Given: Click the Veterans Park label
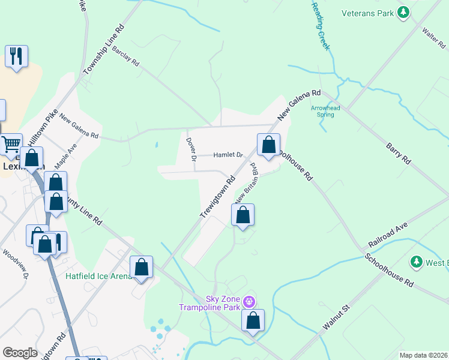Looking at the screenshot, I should pos(367,12).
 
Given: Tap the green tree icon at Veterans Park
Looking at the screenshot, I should pos(404,12).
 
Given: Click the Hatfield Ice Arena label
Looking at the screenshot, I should pos(98,276).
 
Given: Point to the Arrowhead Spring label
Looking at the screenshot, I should pos(325,112).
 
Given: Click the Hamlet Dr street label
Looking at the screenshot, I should pos(228,155).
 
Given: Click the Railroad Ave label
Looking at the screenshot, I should pos(388,233).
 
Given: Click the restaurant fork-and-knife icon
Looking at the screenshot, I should pos(16,56).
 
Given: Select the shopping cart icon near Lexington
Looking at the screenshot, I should pos(11,144).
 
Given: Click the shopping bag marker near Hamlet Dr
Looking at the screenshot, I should pos(268,144).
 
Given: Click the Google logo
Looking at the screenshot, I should pos(20,353).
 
